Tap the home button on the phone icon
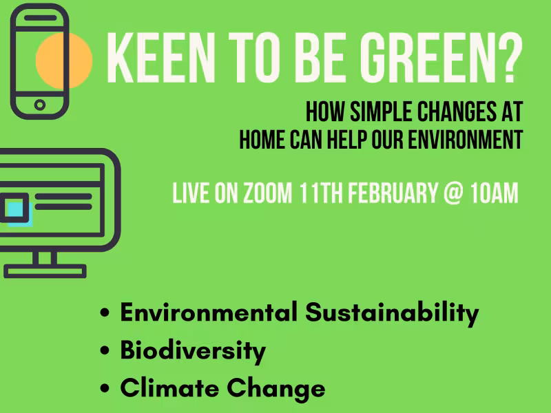39,105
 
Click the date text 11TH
321,193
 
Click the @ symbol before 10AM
452,193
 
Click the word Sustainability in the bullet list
392,313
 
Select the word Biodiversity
193,351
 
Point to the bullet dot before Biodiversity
105,352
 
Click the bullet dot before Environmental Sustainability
105,314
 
